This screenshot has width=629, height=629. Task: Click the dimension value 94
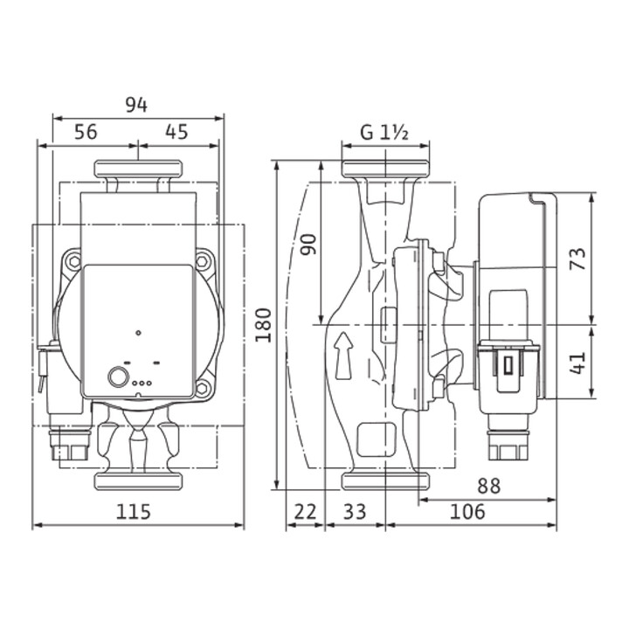click(136, 105)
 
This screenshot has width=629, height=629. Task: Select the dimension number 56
click(86, 132)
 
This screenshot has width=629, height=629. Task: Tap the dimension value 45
click(176, 132)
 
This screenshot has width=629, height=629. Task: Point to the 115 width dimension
click(133, 512)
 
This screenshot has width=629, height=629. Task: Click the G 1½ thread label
click(384, 133)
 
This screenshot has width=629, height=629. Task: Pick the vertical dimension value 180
click(264, 325)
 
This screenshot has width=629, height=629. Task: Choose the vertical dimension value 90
click(308, 245)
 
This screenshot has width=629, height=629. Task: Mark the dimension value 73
click(577, 259)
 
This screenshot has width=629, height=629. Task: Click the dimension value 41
click(577, 363)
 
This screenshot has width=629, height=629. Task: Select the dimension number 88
click(489, 487)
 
